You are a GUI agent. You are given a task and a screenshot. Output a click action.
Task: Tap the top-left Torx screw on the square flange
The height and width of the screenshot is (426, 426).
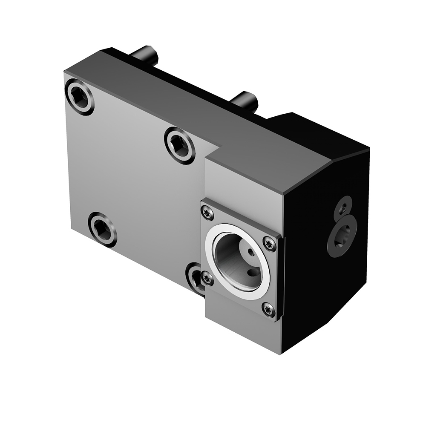207,213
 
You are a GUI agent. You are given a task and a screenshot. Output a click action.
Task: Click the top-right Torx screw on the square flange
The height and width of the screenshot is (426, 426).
270,243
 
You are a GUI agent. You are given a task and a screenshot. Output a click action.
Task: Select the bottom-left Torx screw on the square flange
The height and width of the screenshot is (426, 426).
207,279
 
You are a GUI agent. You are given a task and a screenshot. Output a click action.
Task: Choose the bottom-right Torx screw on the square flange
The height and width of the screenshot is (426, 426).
268,310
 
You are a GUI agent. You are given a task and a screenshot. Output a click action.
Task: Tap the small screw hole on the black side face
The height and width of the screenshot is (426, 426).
343,208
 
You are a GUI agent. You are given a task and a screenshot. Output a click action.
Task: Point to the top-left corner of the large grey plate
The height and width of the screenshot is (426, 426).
64,73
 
